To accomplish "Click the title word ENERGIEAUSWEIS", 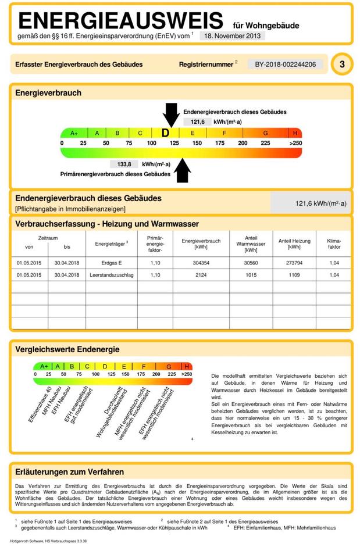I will point(120,21).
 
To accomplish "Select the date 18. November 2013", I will point(232,35).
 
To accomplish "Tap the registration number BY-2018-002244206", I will point(285,64).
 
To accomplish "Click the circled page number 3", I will point(341,65).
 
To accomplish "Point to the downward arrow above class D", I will point(171,113).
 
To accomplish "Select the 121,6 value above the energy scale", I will point(194,122).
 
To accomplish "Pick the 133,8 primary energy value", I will point(124,164).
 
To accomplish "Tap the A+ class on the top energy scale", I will point(74,133).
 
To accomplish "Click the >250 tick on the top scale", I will point(295,143).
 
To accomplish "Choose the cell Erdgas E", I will point(111,263).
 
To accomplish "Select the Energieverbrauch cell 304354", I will point(201,263).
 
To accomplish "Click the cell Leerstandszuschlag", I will point(111,275).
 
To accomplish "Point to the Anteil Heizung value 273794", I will point(294,263).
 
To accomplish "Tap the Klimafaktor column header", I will point(334,244).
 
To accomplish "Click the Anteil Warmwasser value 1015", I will point(251,275).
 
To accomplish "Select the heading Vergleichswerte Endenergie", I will point(67,349).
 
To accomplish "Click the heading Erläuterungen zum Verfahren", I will point(69,472).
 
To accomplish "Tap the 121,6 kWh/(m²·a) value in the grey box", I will point(320,203).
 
